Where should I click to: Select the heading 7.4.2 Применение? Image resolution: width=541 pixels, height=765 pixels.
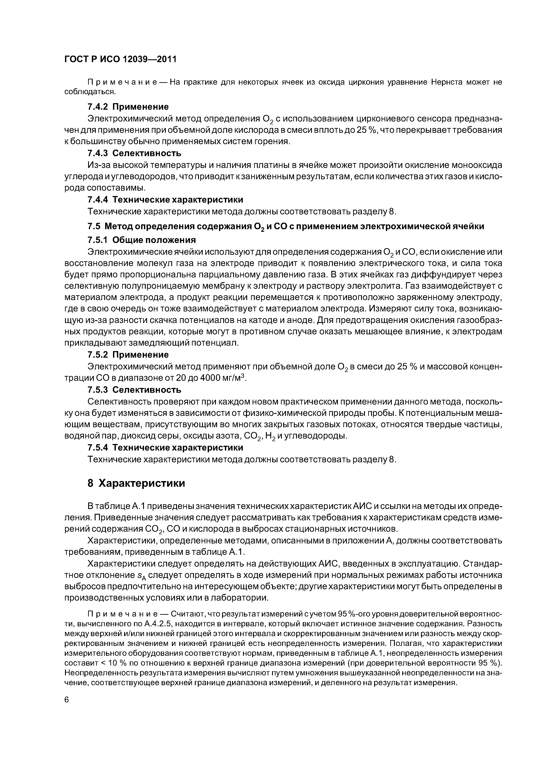[128, 107]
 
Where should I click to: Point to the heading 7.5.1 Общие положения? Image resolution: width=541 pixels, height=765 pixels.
[141, 240]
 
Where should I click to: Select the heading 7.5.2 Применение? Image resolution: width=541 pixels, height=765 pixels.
[128, 355]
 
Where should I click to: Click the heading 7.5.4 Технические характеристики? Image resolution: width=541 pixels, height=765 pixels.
[165, 447]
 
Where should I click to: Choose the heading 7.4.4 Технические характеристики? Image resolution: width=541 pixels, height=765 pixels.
[165, 200]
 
